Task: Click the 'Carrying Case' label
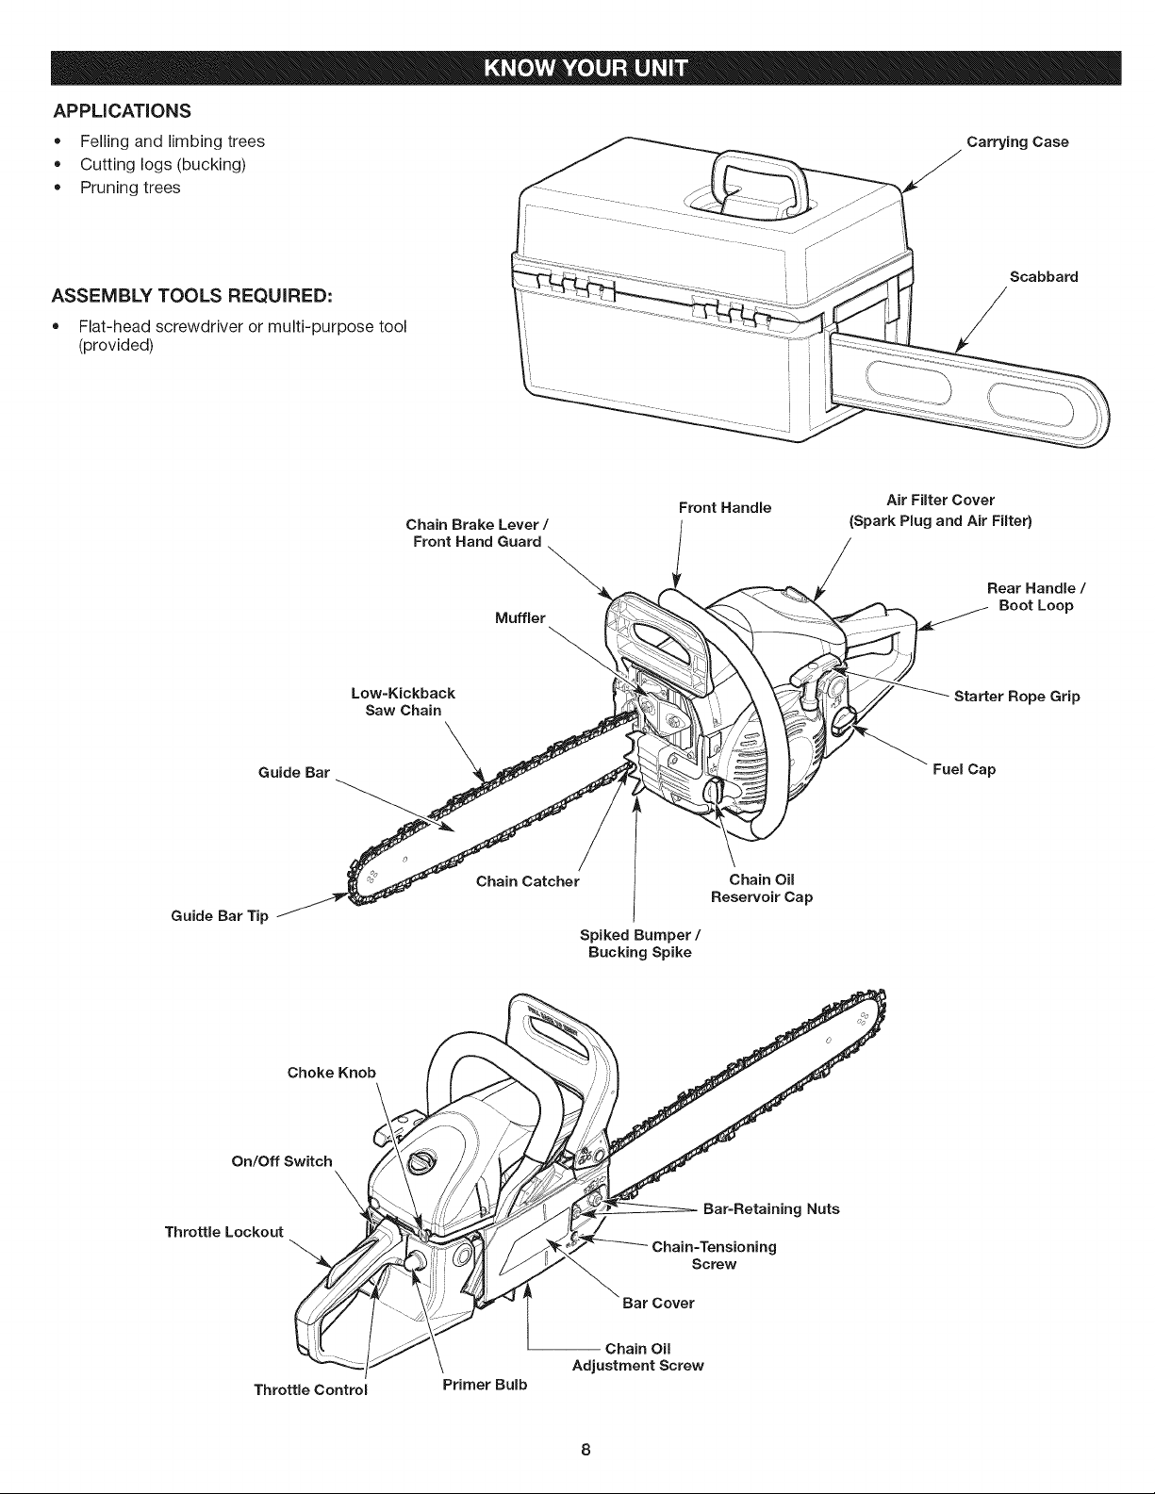(1017, 142)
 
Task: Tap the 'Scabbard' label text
(1044, 277)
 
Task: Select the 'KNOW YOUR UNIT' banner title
(586, 69)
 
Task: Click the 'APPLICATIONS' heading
(123, 111)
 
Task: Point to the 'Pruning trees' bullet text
(130, 188)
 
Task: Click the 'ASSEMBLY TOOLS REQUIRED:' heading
(192, 296)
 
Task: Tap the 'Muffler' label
(520, 618)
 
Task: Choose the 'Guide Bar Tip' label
(220, 916)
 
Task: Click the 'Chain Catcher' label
(527, 881)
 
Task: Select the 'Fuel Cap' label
(964, 769)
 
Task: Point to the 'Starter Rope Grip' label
(1016, 697)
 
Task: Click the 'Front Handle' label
(725, 508)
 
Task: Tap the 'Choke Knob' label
(331, 1073)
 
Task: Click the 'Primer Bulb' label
(485, 1385)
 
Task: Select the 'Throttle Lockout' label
(224, 1231)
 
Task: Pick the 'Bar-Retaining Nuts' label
(771, 1208)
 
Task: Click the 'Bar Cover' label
(658, 1303)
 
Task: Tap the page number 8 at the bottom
(586, 1450)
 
